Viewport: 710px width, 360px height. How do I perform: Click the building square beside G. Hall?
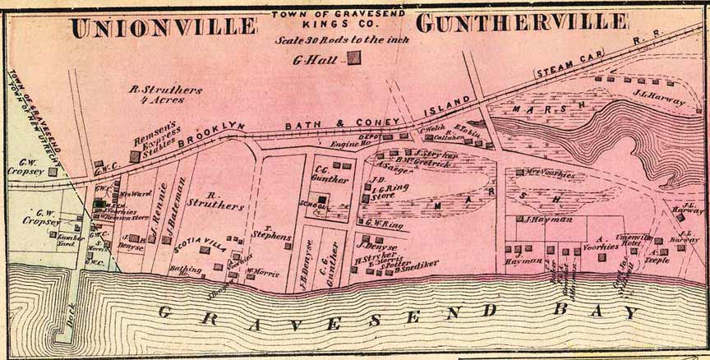353,58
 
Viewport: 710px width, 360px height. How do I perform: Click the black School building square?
322,199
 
